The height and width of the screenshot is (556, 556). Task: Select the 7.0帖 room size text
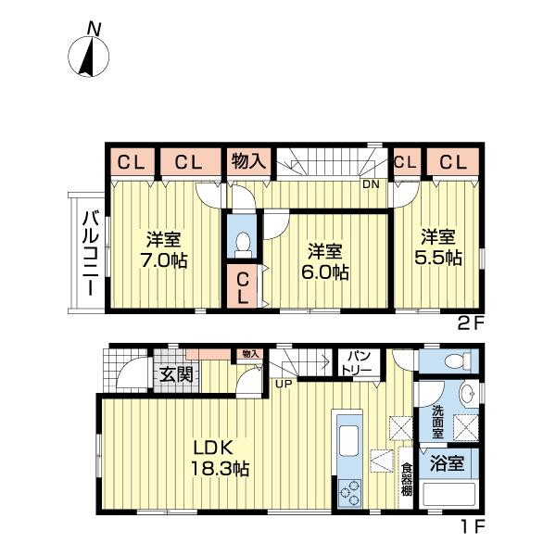pyautogui.click(x=163, y=260)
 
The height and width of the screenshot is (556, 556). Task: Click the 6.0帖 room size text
pyautogui.click(x=325, y=272)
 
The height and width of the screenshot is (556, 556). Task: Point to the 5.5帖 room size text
pyautogui.click(x=438, y=258)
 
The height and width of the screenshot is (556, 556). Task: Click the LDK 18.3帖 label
pyautogui.click(x=221, y=459)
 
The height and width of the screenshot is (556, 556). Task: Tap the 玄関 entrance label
pyautogui.click(x=176, y=374)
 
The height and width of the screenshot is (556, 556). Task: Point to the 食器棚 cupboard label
pyautogui.click(x=406, y=480)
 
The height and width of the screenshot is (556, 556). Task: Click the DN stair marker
pyautogui.click(x=371, y=184)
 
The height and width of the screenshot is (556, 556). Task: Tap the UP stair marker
pyautogui.click(x=284, y=384)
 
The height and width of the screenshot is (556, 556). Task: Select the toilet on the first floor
pyautogui.click(x=458, y=361)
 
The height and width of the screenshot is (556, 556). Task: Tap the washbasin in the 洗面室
pyautogui.click(x=470, y=393)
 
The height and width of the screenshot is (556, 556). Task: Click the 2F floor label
pyautogui.click(x=471, y=324)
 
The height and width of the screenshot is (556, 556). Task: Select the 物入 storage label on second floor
pyautogui.click(x=248, y=161)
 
